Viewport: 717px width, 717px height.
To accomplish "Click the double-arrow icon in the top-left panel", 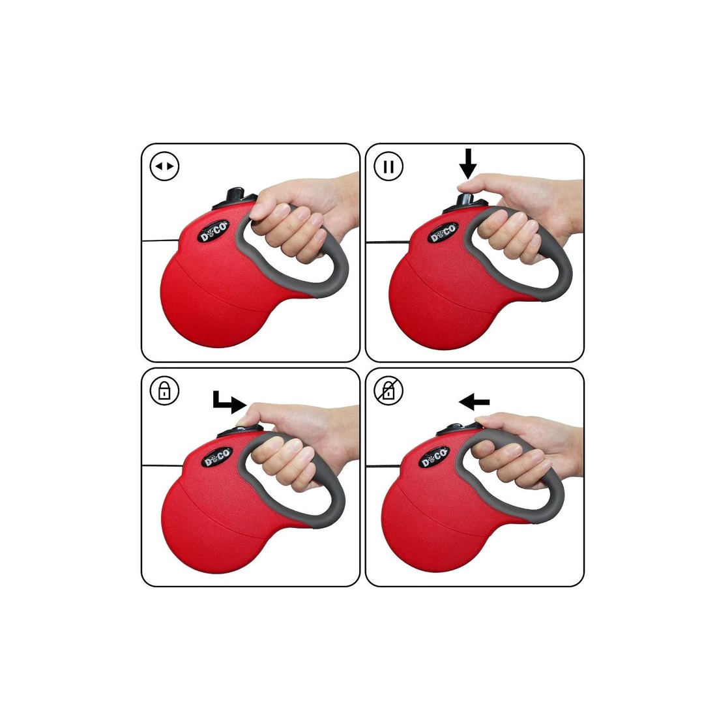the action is [165, 166].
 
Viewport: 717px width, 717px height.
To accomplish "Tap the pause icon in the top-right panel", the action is [388, 166].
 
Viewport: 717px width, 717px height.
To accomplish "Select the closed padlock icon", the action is [164, 390].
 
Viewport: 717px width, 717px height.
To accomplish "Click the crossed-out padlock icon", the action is [388, 390].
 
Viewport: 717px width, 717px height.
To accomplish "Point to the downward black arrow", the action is [468, 163].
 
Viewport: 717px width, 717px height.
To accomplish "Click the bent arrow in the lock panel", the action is [230, 402].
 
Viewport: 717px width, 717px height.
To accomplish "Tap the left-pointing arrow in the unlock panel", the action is [474, 403].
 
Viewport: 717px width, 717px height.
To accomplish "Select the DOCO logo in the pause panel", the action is [443, 233].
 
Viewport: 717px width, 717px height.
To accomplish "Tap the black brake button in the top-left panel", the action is [237, 194].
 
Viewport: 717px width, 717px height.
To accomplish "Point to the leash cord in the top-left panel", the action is [160, 240].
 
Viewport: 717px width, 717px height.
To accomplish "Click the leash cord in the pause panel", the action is [387, 242].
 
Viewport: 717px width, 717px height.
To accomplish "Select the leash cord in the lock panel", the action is [162, 466].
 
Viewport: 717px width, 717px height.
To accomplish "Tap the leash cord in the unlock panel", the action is [383, 466].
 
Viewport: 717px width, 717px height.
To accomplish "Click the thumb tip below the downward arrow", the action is [467, 185].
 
